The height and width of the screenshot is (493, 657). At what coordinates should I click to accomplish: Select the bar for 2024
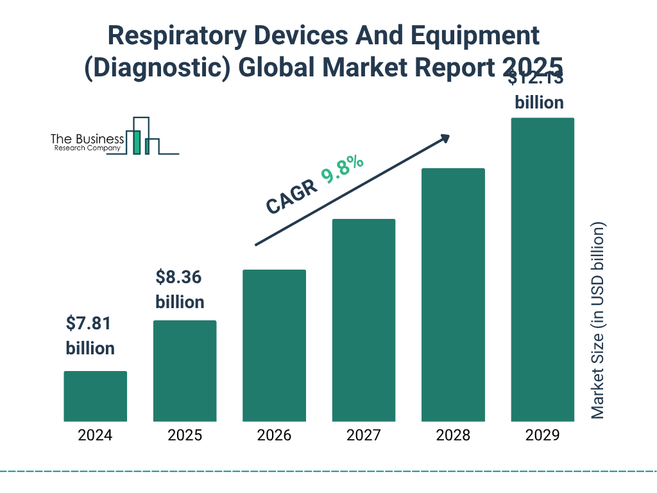click(x=95, y=396)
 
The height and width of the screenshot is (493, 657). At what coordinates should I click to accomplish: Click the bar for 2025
click(x=185, y=371)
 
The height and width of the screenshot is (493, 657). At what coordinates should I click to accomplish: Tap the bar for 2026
click(x=274, y=345)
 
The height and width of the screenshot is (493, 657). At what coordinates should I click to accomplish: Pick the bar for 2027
click(x=363, y=320)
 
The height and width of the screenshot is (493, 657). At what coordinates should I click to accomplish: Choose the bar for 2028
click(x=453, y=295)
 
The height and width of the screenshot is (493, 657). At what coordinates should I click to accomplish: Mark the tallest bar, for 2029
click(x=542, y=270)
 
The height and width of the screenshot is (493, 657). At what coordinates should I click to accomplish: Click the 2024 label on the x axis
click(x=95, y=435)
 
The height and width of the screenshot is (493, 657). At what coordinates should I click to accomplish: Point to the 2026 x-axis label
click(x=274, y=435)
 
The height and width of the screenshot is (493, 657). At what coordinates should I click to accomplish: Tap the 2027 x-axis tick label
click(x=363, y=435)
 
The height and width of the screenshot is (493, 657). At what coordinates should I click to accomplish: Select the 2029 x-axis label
click(x=542, y=435)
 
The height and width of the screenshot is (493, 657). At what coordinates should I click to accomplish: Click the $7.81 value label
click(x=89, y=324)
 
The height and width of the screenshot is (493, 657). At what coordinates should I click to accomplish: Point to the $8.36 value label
click(x=179, y=277)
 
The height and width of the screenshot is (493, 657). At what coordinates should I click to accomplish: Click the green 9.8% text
click(x=343, y=169)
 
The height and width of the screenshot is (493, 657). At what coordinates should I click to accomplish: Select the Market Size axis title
click(x=598, y=321)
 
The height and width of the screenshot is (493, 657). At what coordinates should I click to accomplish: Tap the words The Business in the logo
click(x=87, y=139)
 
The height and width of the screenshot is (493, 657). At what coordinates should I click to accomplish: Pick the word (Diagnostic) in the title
click(x=158, y=67)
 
